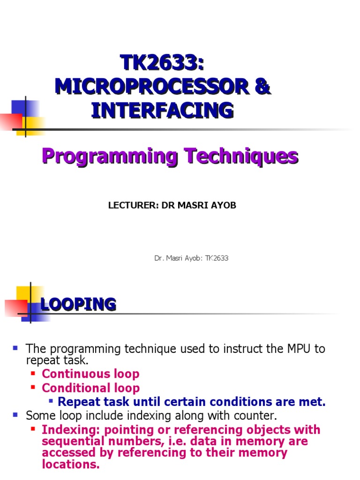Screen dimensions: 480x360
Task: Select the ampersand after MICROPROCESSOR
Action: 263,87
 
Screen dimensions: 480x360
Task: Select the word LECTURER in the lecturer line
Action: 127,206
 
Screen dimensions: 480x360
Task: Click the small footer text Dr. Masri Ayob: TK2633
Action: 191,258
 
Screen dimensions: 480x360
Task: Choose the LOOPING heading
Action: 78,304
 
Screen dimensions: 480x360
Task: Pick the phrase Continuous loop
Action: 90,374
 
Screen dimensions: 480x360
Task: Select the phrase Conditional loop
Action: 90,388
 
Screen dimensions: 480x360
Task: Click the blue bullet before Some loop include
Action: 15,414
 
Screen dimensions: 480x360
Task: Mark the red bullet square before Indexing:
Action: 33,429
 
